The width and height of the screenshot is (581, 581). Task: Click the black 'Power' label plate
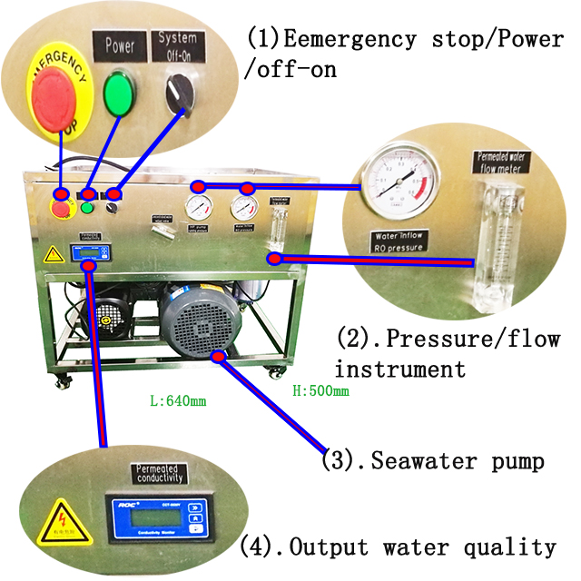[119, 44]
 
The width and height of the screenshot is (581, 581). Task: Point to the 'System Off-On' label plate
[178, 40]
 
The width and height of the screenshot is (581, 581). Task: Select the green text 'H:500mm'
[320, 392]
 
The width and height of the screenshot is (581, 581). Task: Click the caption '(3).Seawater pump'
[433, 461]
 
